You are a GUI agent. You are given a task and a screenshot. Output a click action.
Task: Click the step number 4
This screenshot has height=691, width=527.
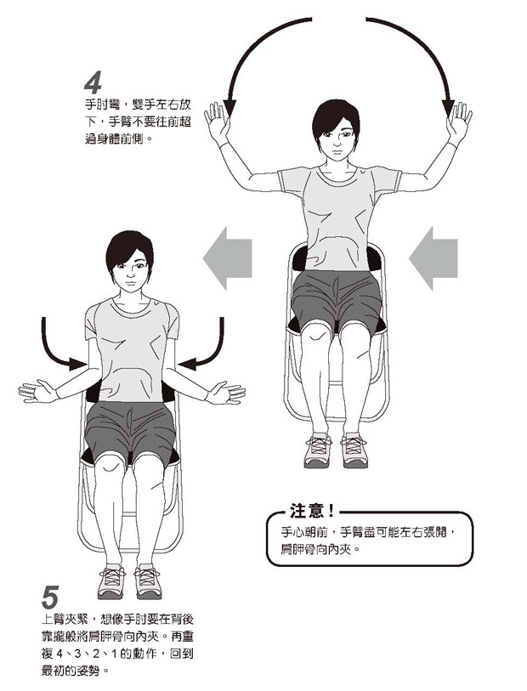[x=93, y=82]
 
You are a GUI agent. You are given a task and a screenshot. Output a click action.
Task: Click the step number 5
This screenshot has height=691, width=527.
[x=50, y=598]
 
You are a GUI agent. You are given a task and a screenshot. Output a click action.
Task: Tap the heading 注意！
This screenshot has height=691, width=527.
[x=313, y=510]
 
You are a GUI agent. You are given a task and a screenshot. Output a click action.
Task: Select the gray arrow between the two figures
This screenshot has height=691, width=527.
[x=227, y=258]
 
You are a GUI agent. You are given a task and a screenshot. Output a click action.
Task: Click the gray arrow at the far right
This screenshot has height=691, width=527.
[x=433, y=258]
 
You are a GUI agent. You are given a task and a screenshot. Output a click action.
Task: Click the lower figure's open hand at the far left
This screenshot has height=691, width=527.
[x=37, y=391]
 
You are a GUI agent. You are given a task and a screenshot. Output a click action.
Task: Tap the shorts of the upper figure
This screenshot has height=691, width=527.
[x=337, y=300]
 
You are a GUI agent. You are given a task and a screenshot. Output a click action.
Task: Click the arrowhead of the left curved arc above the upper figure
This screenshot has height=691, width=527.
[x=229, y=109]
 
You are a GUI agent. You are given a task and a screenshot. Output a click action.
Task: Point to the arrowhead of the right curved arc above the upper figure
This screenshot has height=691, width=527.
[x=448, y=109]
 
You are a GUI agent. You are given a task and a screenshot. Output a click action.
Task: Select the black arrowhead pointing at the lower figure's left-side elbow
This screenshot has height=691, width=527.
[x=78, y=364]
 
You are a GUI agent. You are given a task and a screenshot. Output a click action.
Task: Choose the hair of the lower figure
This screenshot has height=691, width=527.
[x=128, y=249]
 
